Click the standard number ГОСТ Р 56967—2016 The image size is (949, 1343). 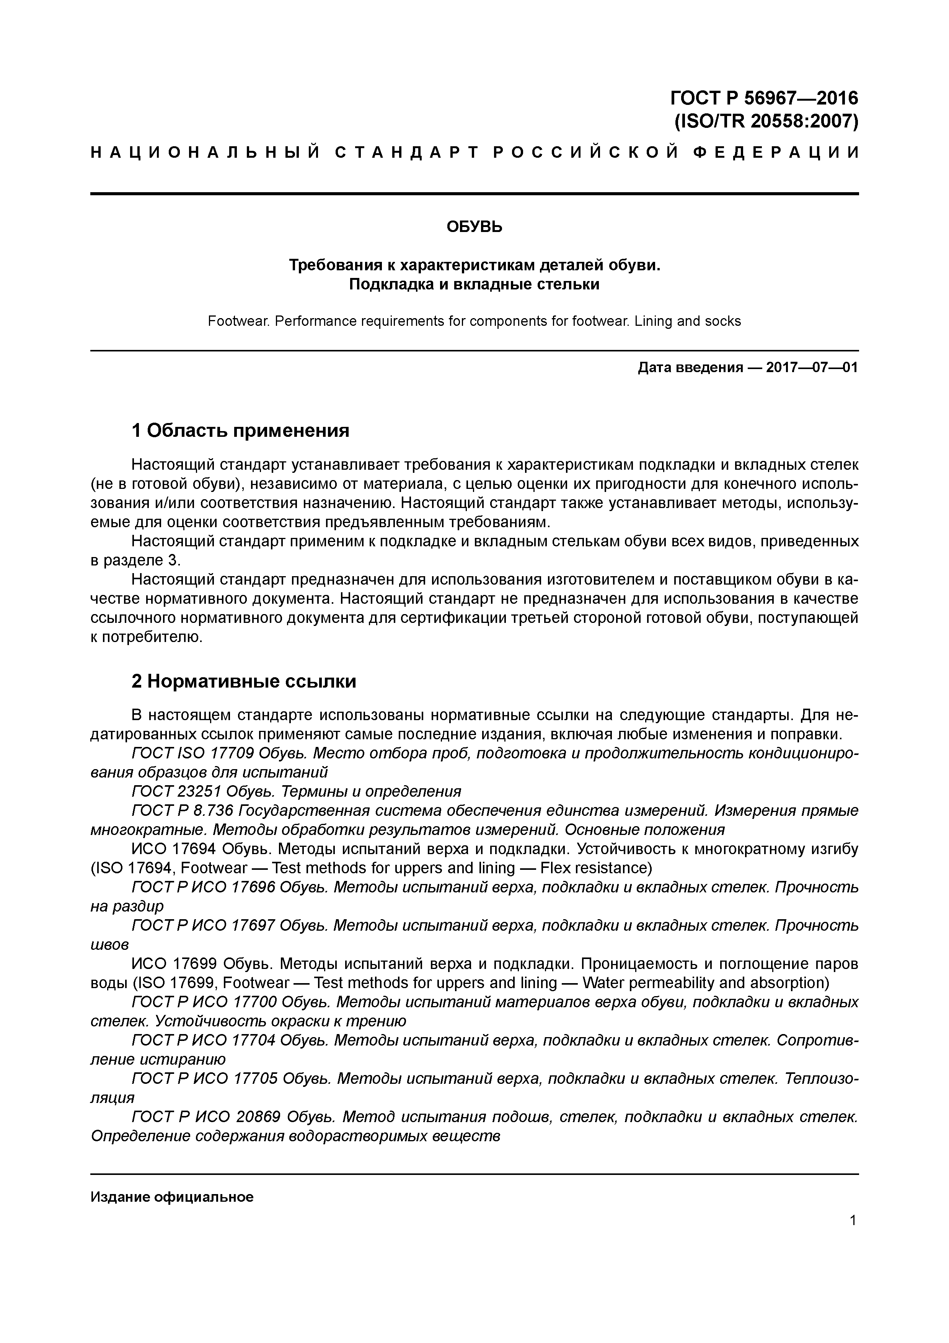[x=764, y=97]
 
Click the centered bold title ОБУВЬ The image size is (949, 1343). [x=474, y=227]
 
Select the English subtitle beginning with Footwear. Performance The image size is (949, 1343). [x=474, y=321]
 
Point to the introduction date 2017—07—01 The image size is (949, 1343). [x=812, y=368]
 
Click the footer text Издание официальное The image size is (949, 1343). [x=172, y=1198]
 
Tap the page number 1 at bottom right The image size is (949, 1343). [x=853, y=1221]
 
